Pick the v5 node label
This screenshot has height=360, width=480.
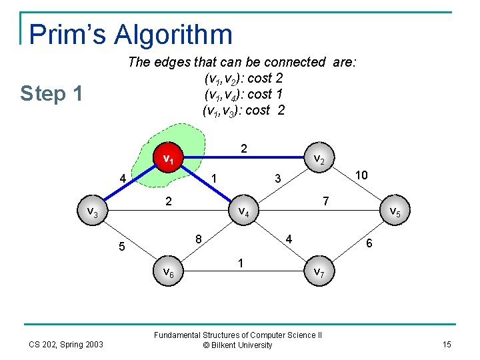pos(393,212)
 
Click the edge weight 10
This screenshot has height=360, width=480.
pos(362,174)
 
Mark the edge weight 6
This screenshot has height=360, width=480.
pos(369,245)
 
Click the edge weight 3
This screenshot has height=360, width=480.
pos(278,178)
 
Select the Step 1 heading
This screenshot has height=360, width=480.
pos(51,94)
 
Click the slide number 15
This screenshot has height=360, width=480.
pos(446,344)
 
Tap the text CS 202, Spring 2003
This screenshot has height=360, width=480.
pos(66,344)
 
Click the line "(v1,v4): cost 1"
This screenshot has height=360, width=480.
pos(243,94)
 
